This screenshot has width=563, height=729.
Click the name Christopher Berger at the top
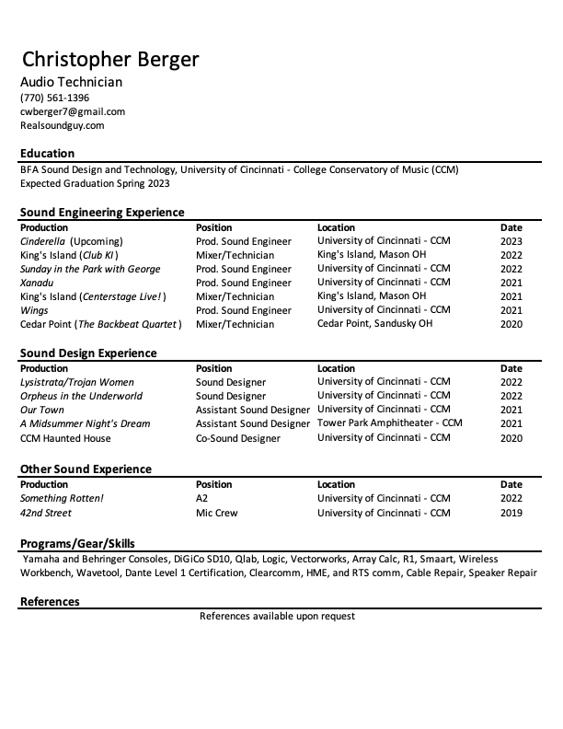click(110, 60)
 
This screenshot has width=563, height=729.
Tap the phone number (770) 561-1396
click(55, 98)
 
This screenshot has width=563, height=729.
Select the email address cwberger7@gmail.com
click(73, 111)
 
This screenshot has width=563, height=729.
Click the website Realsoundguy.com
click(63, 125)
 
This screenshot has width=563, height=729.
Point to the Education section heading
click(48, 154)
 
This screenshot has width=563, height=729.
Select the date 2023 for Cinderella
click(511, 241)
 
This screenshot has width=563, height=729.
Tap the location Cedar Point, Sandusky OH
click(374, 324)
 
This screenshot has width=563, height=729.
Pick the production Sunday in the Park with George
click(90, 269)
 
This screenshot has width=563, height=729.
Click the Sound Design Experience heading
click(88, 353)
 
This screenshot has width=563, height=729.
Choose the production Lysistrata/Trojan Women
click(77, 382)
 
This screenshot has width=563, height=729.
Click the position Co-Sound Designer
click(238, 438)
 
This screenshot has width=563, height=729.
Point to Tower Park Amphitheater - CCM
click(390, 423)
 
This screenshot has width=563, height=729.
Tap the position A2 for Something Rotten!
click(202, 499)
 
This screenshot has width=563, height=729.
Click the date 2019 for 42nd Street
click(511, 513)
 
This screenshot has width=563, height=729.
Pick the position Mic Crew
click(217, 513)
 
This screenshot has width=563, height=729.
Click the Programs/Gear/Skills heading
click(77, 544)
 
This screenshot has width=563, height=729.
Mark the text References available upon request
click(277, 616)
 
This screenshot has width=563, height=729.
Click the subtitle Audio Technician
click(71, 82)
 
